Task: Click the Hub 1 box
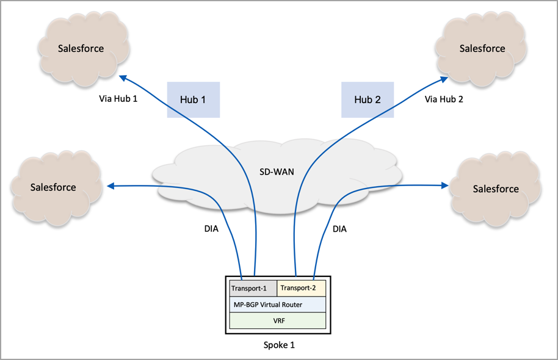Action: point(193,99)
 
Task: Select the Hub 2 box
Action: point(368,99)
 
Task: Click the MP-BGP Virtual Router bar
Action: point(278,304)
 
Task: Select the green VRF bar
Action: point(278,320)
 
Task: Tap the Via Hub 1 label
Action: point(118,98)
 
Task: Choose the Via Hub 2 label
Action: point(444,98)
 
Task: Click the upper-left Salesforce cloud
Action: point(81,48)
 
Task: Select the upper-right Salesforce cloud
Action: point(482,48)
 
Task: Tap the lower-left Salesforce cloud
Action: point(53,187)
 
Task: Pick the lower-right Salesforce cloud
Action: point(496,189)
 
